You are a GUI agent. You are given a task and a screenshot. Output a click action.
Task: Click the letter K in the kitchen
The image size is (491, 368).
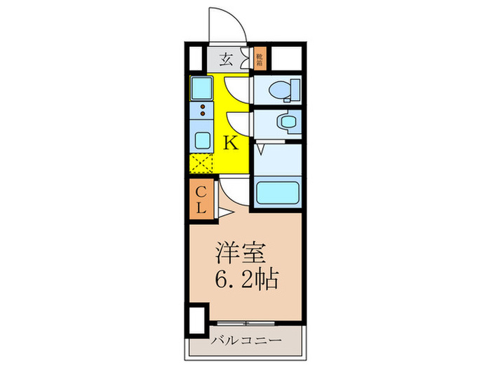(231, 143)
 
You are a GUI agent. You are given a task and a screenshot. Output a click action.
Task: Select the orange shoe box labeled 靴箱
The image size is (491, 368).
(259, 58)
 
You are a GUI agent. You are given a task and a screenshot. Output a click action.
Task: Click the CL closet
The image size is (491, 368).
(200, 198)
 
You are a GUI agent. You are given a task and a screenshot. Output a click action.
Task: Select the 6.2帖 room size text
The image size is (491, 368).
(245, 280)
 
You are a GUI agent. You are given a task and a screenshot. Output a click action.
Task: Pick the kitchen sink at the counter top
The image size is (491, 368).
(204, 90)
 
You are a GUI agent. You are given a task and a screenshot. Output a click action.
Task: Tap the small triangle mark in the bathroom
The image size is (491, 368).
(259, 149)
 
